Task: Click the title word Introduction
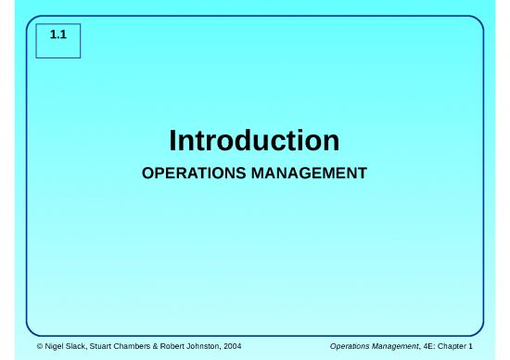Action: [254, 141]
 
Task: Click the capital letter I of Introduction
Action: [173, 141]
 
